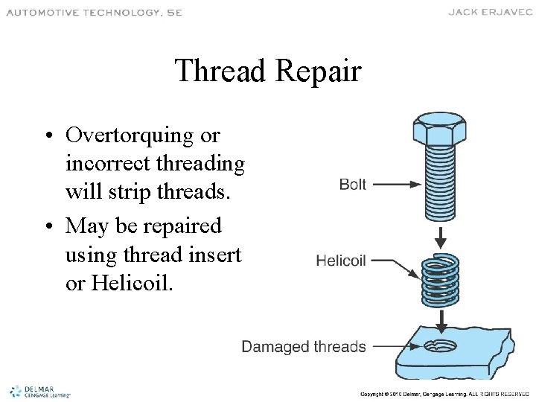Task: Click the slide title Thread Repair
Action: click(268, 71)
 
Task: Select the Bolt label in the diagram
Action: click(352, 184)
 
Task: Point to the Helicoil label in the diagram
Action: click(341, 261)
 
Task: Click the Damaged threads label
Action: click(304, 346)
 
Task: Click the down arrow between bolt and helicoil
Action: click(441, 237)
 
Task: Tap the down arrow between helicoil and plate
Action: click(441, 321)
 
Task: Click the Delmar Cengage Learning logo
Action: click(39, 392)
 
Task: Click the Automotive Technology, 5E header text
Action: click(94, 12)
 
